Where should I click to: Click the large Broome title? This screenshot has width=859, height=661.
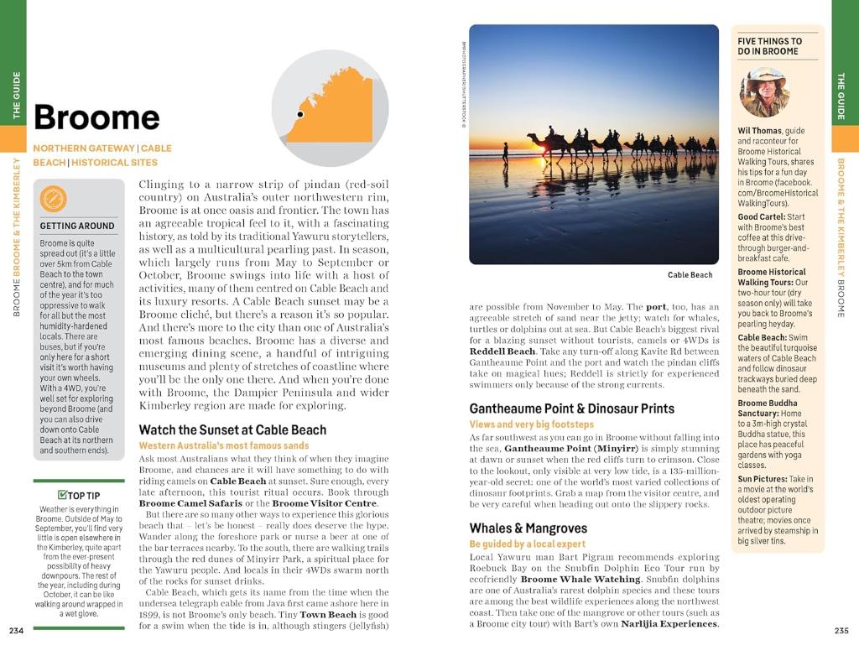[x=96, y=117]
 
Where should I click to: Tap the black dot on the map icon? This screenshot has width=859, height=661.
[x=299, y=113]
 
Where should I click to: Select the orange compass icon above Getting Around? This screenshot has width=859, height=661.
[x=54, y=199]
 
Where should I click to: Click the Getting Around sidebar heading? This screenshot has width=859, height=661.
[x=77, y=226]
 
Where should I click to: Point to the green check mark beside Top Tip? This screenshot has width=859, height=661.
[x=62, y=495]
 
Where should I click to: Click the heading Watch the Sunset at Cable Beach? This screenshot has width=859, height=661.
[x=232, y=429]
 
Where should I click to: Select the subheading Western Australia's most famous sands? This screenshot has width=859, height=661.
[x=223, y=445]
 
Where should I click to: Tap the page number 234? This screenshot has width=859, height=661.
[x=16, y=631]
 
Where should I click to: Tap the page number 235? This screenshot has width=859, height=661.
[x=842, y=631]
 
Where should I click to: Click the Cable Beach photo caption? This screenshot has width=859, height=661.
[x=690, y=274]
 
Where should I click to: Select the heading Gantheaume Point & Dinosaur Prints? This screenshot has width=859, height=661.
[x=571, y=409]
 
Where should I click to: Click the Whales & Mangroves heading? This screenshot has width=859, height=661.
[x=528, y=528]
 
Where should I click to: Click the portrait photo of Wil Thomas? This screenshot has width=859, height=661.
[x=764, y=91]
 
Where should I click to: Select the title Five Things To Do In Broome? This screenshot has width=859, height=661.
[x=769, y=46]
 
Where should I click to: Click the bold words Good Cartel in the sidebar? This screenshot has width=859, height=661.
[x=761, y=217]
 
